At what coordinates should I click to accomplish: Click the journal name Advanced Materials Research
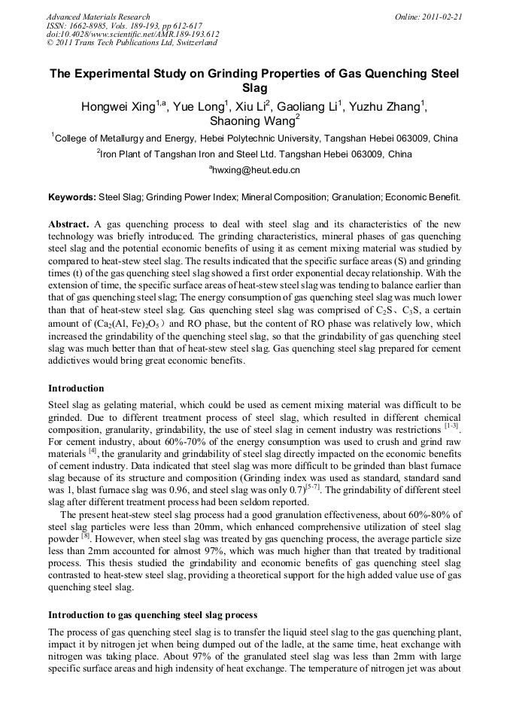(x=98, y=17)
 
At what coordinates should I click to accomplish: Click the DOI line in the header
(x=132, y=34)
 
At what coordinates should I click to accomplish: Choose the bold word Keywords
(x=71, y=197)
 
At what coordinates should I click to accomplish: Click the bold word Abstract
(x=69, y=224)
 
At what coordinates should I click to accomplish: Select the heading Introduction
(x=76, y=388)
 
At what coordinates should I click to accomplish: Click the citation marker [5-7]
(x=317, y=478)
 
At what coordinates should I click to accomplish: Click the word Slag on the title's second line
(x=254, y=88)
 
